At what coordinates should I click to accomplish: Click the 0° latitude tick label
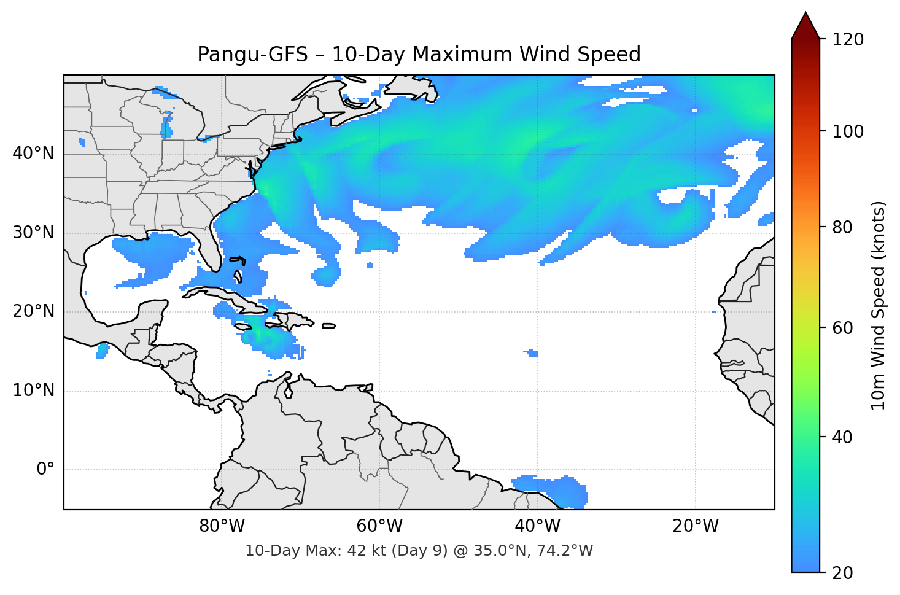click(45, 470)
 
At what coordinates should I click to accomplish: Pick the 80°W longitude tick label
click(222, 526)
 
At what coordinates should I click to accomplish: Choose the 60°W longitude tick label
click(379, 526)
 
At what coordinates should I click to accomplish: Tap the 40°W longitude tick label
click(537, 526)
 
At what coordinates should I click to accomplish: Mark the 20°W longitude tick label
click(695, 526)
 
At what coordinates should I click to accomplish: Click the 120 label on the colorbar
click(848, 39)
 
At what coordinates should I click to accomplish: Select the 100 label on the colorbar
click(848, 131)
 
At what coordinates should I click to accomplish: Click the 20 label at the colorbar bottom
click(842, 573)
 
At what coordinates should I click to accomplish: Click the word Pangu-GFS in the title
click(252, 55)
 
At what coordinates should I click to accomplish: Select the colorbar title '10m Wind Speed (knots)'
click(879, 305)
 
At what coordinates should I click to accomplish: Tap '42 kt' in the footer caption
click(362, 551)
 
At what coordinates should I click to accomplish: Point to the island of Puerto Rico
click(328, 326)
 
